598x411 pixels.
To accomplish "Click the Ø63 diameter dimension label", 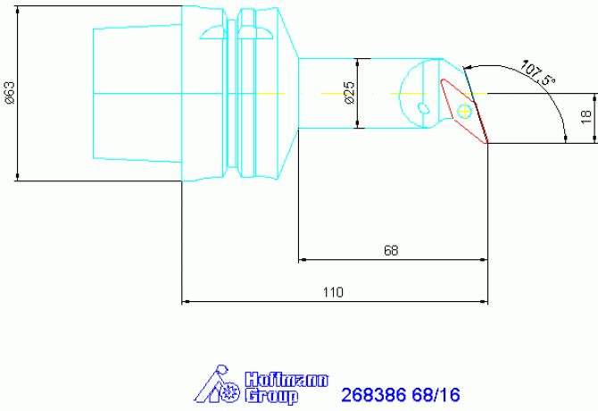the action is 10,93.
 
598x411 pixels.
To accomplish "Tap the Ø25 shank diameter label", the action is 349,93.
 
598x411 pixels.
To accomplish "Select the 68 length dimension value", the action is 391,250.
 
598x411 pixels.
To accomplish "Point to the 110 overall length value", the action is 333,292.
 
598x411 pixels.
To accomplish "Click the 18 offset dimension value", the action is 586,117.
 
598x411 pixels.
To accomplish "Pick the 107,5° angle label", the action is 537,72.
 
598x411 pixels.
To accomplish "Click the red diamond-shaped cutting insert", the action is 464,111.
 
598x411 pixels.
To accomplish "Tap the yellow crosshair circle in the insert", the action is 464,111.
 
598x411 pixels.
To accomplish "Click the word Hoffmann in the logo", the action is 286,380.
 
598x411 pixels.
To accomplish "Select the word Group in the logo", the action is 271,396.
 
